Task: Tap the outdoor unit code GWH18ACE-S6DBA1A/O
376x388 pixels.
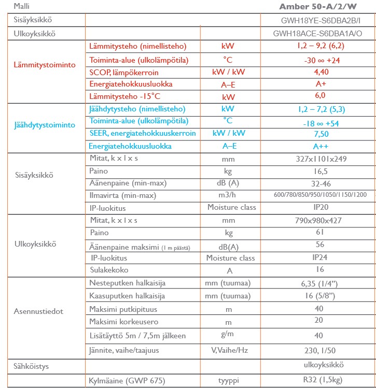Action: (317, 34)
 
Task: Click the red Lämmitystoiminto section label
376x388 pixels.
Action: (45, 65)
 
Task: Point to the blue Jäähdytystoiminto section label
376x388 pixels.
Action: (45, 125)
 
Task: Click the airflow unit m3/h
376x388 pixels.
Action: (228, 195)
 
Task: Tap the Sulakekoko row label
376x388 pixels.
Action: (109, 270)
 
